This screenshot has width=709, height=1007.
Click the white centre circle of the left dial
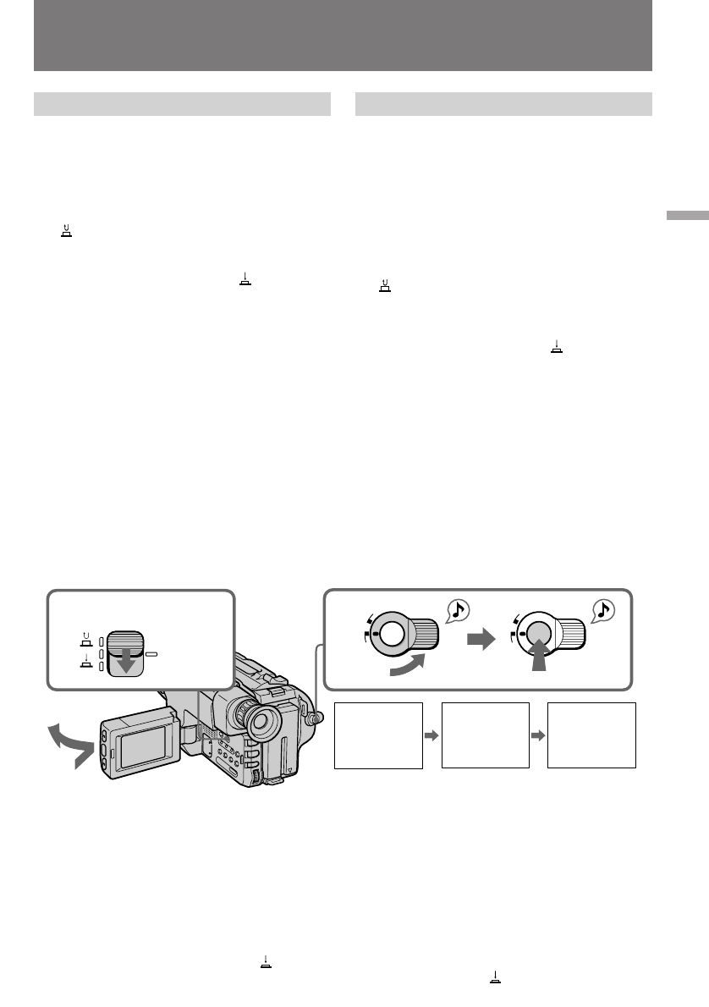click(x=391, y=634)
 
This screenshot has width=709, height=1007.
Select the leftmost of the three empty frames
click(x=378, y=735)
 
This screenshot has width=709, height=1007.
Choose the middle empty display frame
click(x=485, y=735)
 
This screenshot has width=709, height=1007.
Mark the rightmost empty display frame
click(x=591, y=735)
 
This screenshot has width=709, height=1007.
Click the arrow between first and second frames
click(x=431, y=735)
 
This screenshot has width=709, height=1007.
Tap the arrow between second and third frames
click(x=538, y=735)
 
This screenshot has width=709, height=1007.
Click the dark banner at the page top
click(x=343, y=36)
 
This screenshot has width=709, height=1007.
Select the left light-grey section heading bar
click(x=181, y=103)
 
